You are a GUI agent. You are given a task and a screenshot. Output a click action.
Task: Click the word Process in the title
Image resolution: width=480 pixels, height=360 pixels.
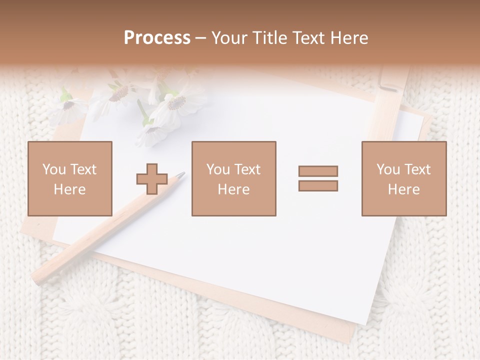coord(157,38)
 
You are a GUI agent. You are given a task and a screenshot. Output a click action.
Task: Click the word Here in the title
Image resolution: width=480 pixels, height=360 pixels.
coord(349,38)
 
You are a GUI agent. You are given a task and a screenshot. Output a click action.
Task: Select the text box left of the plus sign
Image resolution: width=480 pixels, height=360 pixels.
coord(70,178)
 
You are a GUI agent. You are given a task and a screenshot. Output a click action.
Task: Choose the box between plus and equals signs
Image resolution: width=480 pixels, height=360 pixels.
coord(233,178)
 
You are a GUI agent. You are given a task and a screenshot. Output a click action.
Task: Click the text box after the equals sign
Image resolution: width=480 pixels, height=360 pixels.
coord(403,178)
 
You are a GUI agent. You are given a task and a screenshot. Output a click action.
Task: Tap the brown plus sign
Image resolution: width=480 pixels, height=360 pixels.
coord(152,178)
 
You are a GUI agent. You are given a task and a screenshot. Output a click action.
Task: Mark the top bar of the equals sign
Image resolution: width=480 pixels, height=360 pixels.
coord(318,171)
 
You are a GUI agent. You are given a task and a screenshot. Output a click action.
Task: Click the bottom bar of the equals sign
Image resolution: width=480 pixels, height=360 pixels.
coord(318,185)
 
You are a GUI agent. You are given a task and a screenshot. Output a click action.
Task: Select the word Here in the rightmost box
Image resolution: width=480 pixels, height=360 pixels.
coord(403,189)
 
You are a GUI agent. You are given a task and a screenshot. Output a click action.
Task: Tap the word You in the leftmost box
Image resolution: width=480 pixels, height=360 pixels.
coord(54,169)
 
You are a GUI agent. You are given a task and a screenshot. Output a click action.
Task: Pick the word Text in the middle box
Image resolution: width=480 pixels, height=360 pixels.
coord(247,169)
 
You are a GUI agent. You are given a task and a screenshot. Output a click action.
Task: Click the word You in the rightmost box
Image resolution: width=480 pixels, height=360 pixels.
coord(388,169)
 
